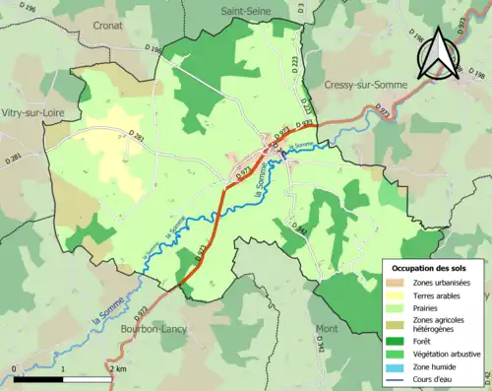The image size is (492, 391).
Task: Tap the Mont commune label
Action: tap(326, 328)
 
